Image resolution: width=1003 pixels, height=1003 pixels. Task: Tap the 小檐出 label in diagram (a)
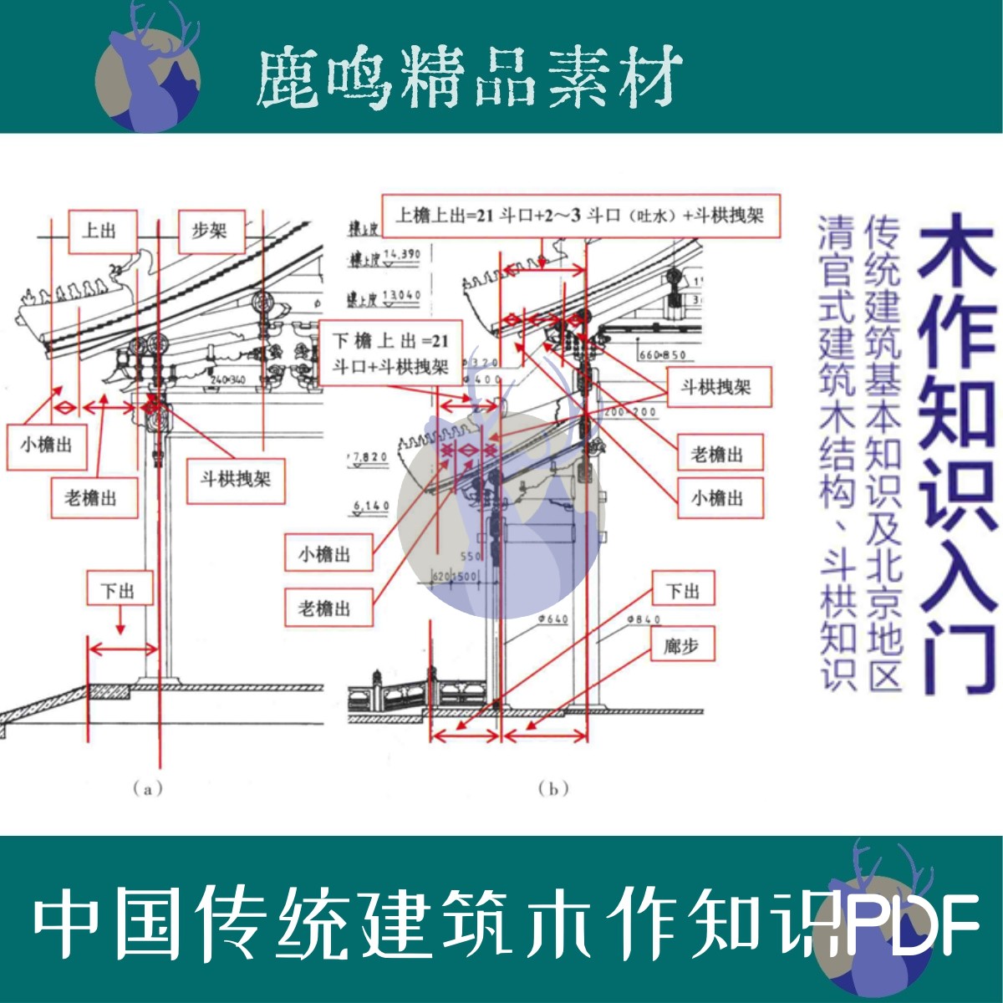46,445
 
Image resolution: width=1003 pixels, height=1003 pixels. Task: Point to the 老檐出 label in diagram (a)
90,498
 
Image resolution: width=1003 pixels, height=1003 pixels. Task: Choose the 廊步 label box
683,645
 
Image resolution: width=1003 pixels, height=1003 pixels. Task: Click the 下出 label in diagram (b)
683,591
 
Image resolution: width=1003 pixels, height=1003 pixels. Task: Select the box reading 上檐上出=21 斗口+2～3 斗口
581,216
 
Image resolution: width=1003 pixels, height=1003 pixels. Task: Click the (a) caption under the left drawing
147,788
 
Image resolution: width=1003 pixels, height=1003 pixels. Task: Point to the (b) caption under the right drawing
553,788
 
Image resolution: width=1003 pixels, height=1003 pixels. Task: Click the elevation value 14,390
401,253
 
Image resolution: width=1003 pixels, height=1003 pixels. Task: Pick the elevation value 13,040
401,296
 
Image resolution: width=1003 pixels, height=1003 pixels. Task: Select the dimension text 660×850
663,355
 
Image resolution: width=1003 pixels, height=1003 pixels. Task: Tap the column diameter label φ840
642,619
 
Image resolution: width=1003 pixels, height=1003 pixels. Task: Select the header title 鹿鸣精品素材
468,77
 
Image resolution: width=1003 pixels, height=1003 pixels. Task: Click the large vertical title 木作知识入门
957,451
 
